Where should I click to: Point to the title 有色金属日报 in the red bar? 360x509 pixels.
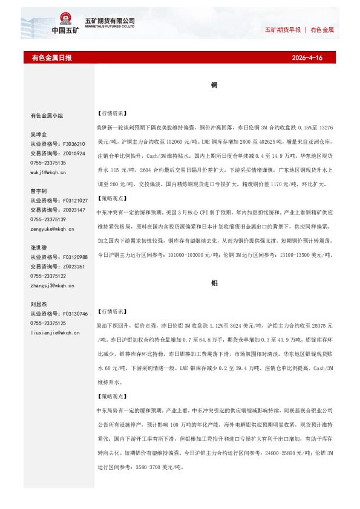[51, 58]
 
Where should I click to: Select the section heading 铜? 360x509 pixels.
[214, 86]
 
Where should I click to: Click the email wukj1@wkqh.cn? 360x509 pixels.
[48, 172]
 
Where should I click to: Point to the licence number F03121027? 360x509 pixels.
[75, 201]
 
